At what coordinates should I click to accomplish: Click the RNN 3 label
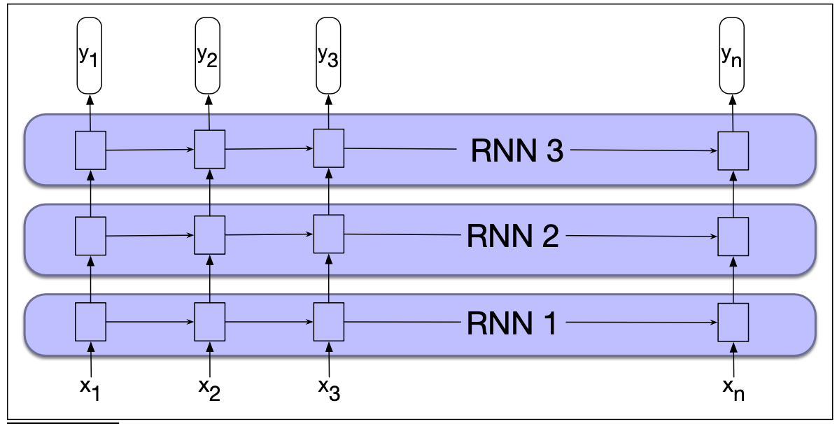click(516, 151)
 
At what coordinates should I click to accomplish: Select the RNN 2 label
click(512, 237)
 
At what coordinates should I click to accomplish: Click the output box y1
click(89, 56)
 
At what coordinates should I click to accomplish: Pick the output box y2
click(208, 56)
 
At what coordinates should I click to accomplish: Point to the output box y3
click(328, 56)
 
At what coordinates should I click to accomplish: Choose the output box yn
click(733, 56)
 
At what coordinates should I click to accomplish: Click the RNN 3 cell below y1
click(90, 150)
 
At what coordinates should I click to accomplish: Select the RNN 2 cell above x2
click(209, 235)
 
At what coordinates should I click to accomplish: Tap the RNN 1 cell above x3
click(328, 321)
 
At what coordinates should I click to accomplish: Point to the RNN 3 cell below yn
click(733, 150)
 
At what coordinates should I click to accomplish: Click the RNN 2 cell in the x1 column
click(90, 236)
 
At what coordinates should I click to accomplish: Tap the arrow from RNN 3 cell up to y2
click(209, 112)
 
